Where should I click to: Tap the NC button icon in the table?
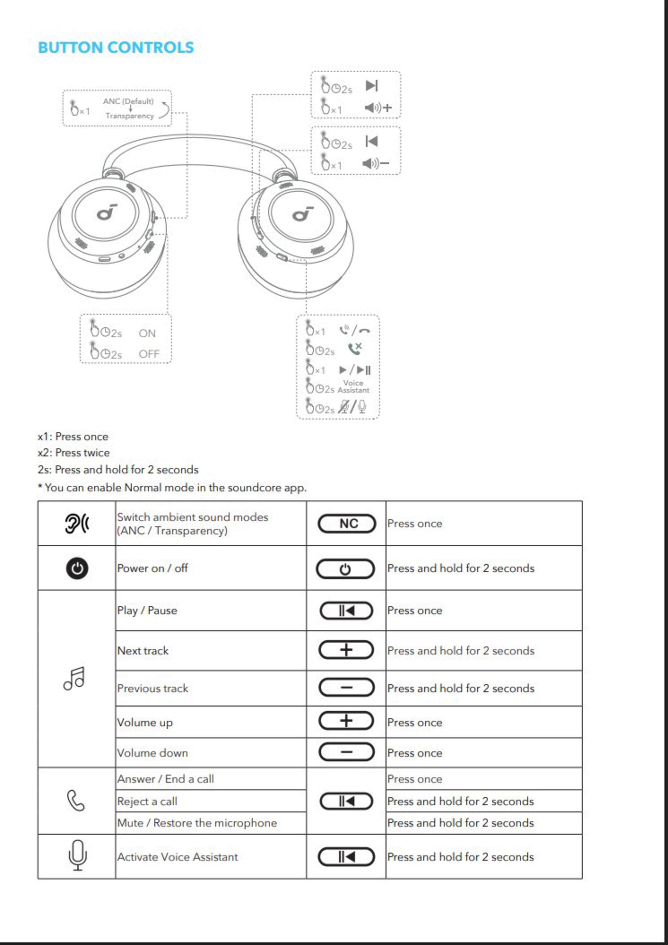click(347, 524)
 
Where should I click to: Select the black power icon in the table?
click(77, 568)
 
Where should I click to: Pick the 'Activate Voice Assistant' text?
click(177, 857)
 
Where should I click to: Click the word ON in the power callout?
click(147, 333)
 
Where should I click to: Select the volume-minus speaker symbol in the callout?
click(375, 164)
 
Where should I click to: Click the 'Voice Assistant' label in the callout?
click(353, 386)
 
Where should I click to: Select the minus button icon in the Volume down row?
click(347, 752)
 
